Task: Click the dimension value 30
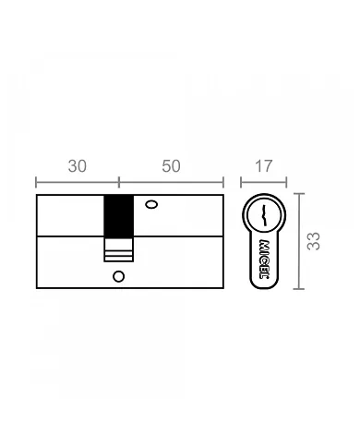(78, 166)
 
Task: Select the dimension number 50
(171, 166)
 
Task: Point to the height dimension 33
(314, 241)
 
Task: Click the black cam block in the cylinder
(119, 217)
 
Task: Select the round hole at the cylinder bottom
(118, 275)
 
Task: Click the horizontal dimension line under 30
(78, 181)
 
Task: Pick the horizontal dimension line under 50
(172, 181)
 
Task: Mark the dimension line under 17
(263, 181)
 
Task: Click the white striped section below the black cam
(119, 250)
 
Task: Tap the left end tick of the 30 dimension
(36, 181)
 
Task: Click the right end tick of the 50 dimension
(224, 181)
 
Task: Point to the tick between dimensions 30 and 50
(119, 181)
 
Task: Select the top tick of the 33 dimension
(298, 194)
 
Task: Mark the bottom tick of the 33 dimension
(298, 288)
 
